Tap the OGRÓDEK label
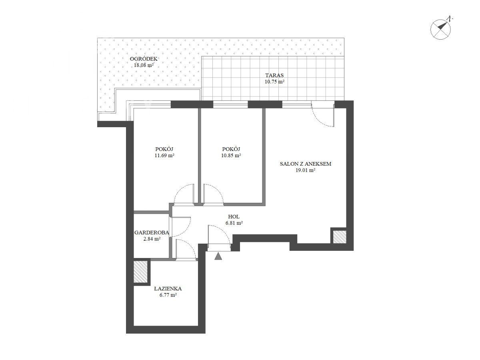[x=144, y=59]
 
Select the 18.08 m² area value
[x=144, y=65]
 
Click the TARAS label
[x=274, y=76]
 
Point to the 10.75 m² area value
[x=274, y=82]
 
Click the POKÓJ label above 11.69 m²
[x=164, y=149]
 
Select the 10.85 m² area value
[x=231, y=156]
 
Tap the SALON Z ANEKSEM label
[x=306, y=164]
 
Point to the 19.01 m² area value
[x=305, y=170]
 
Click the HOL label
[x=234, y=217]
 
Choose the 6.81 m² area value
[x=234, y=223]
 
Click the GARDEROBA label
[x=152, y=232]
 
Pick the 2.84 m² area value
[x=152, y=239]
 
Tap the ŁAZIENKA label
[x=168, y=288]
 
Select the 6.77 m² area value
[x=168, y=295]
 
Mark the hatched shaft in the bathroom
[x=140, y=272]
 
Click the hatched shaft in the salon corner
[x=340, y=237]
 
